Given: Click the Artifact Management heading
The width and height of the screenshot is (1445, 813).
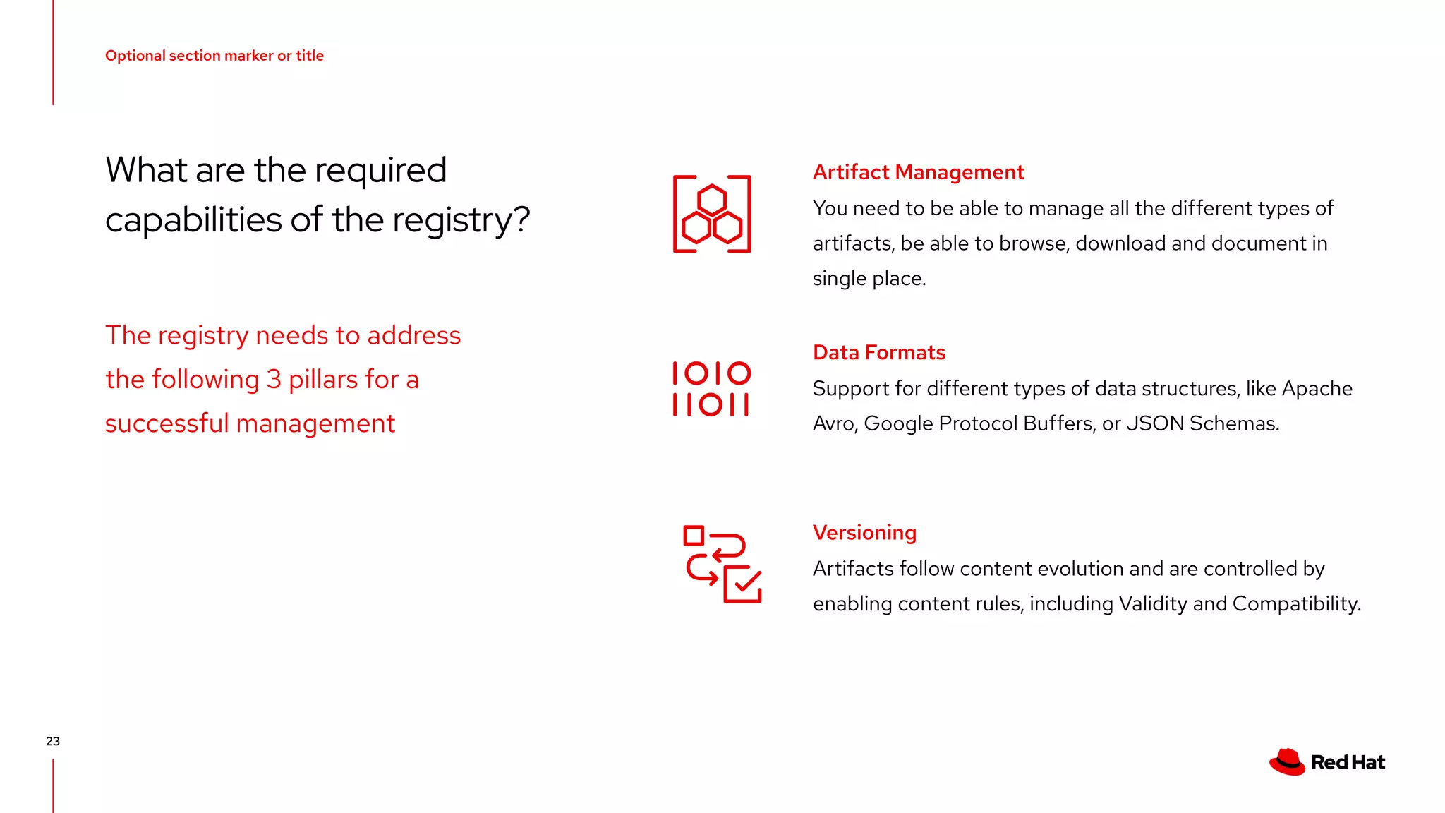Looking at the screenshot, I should coord(918,172).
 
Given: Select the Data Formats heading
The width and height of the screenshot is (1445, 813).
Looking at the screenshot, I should coord(878,352).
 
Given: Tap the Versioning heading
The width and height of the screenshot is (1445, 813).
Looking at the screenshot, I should coord(864,533).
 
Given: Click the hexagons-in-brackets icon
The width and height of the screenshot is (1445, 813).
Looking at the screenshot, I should coord(712,214).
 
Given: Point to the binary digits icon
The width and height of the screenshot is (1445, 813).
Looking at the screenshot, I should coord(711,389).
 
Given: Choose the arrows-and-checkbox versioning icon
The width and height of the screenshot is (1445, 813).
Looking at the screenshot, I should coord(722,565).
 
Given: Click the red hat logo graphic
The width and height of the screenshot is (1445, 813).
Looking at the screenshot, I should coord(1288,762).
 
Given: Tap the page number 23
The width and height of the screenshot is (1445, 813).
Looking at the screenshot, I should coord(53,741).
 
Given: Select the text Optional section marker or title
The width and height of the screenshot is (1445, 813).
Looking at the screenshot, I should coord(214,56).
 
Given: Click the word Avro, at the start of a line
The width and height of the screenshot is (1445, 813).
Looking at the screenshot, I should coord(835,423).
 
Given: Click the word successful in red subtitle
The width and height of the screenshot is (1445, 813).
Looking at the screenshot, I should coord(167,423).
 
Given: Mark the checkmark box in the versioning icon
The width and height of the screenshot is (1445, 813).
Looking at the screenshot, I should coord(743,584).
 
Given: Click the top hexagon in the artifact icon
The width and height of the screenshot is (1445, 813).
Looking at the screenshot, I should coord(712,200).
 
